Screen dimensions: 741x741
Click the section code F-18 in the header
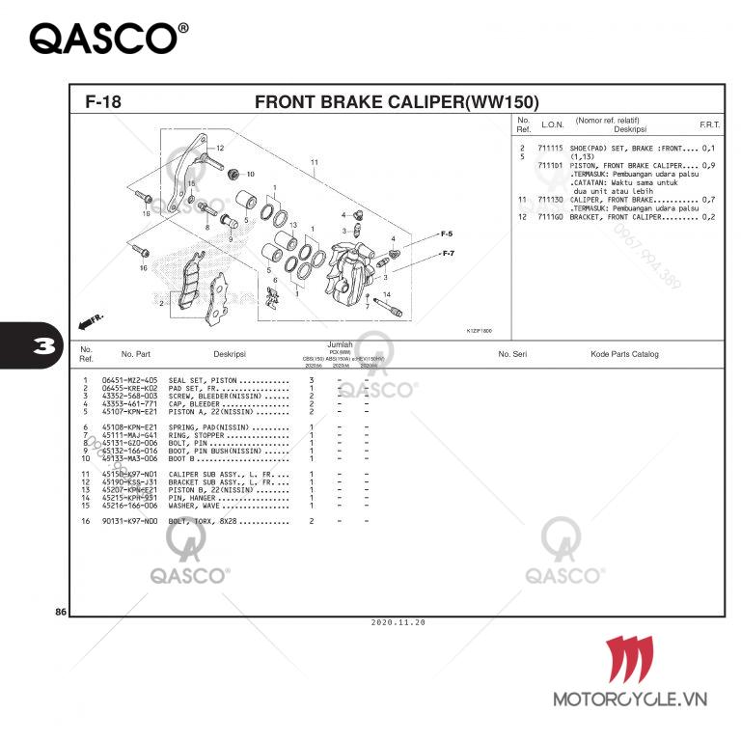[x=102, y=101]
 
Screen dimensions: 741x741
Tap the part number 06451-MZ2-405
[x=129, y=381]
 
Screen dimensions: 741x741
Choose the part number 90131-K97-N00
[x=129, y=521]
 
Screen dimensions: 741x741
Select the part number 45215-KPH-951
[x=129, y=498]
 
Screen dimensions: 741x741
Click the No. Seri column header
[x=511, y=354]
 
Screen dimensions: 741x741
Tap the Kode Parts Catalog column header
[x=624, y=354]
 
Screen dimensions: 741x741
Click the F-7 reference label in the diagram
[x=448, y=253]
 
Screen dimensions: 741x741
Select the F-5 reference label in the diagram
[x=447, y=234]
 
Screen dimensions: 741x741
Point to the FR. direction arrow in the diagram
[x=91, y=318]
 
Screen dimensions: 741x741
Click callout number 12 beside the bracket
[x=220, y=148]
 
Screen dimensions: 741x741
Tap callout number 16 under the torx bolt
[x=143, y=268]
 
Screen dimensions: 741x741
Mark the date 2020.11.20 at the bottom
[x=398, y=622]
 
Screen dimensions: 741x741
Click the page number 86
[x=61, y=613]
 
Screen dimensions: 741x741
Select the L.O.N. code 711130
[x=552, y=199]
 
